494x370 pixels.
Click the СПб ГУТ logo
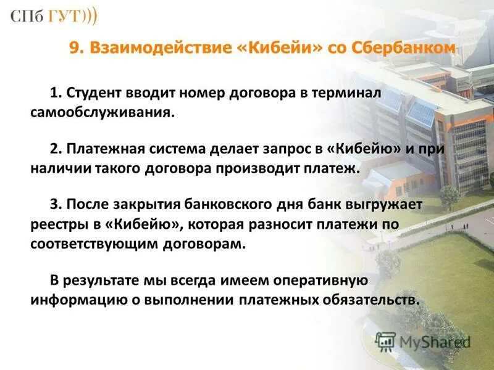point(53,17)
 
